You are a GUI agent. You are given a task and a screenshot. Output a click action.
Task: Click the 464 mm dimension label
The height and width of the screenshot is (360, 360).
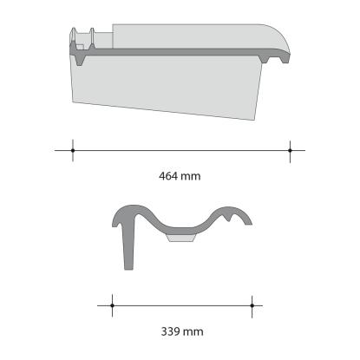(x=180, y=176)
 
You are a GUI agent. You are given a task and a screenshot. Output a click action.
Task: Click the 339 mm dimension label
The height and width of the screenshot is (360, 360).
(x=182, y=331)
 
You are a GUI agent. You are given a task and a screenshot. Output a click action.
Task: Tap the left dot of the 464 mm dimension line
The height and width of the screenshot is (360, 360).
(x=73, y=150)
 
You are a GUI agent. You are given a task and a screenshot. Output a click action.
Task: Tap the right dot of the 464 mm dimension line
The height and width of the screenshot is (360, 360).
(x=290, y=150)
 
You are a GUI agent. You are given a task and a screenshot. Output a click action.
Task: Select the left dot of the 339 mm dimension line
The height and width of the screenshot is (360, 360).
(x=112, y=305)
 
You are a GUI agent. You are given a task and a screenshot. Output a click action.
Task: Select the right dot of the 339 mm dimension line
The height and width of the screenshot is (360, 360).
(x=252, y=305)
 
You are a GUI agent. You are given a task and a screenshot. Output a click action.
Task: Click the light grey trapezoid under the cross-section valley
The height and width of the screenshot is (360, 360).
(x=181, y=238)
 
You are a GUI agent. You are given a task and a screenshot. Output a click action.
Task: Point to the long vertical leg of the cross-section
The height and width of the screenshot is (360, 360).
(x=128, y=245)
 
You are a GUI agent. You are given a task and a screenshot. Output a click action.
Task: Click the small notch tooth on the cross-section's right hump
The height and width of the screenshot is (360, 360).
(x=229, y=218)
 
